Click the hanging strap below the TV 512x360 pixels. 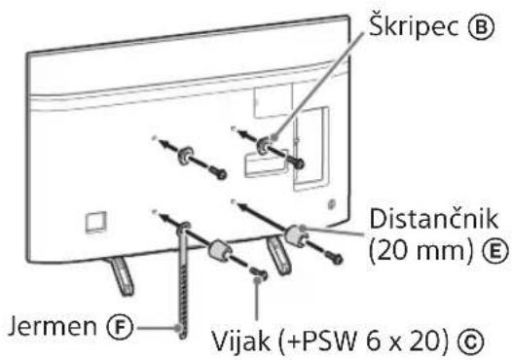[182, 272]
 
